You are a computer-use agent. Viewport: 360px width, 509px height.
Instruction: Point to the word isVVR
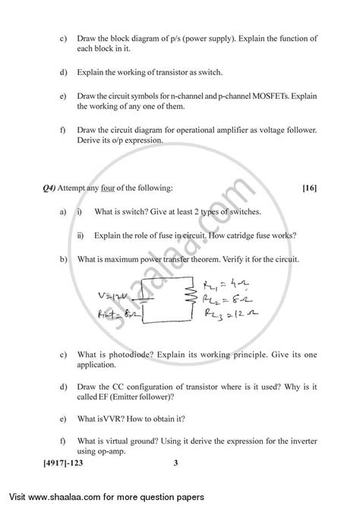click(112, 417)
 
